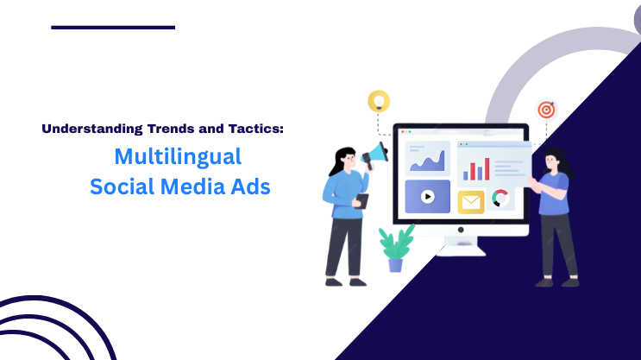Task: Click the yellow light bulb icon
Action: pyautogui.click(x=378, y=100)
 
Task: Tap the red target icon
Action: pyautogui.click(x=546, y=110)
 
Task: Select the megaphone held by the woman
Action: pyautogui.click(x=375, y=156)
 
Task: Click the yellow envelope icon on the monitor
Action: pyautogui.click(x=471, y=201)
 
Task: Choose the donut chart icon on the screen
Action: pyautogui.click(x=500, y=199)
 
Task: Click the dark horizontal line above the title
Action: pyautogui.click(x=113, y=28)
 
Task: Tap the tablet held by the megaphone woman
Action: pyautogui.click(x=362, y=202)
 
